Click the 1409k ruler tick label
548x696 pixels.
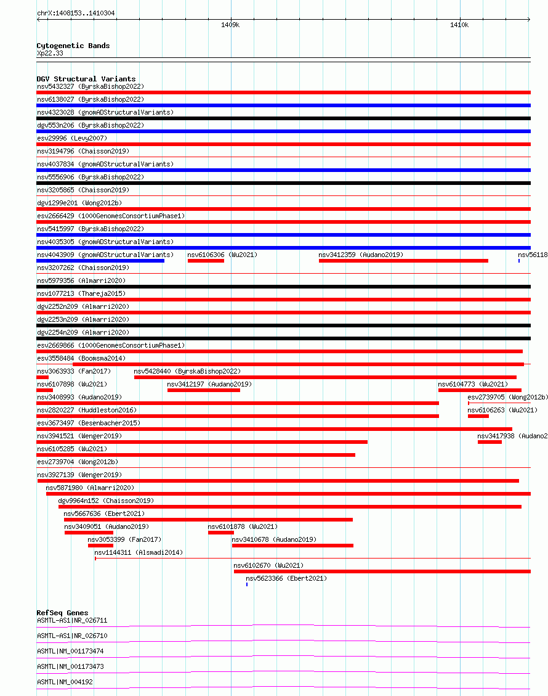click(230, 25)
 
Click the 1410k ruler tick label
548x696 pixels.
click(459, 25)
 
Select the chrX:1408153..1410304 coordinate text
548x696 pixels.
click(76, 13)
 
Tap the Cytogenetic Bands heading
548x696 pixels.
click(73, 46)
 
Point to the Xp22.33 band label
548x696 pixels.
click(50, 53)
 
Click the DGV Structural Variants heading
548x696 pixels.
click(86, 79)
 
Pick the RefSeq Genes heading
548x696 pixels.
click(62, 613)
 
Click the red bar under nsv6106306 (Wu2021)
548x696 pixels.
click(206, 261)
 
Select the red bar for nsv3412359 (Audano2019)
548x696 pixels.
click(403, 261)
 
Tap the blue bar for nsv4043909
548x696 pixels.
click(100, 261)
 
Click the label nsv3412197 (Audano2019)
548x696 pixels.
click(209, 384)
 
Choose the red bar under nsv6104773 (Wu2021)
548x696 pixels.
click(480, 390)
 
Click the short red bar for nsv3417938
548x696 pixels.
click(490, 442)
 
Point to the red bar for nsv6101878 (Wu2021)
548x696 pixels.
click(220, 533)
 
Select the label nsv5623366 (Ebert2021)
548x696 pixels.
click(286, 578)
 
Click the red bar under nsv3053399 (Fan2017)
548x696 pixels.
click(100, 546)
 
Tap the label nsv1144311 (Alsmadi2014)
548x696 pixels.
click(139, 552)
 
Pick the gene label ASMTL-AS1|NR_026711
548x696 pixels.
click(72, 620)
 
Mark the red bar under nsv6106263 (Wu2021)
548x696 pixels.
click(478, 416)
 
